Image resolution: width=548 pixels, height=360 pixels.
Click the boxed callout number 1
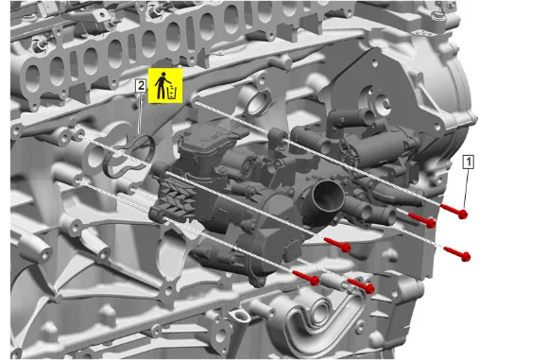(x=469, y=162)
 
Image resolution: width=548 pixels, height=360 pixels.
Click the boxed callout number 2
(x=141, y=86)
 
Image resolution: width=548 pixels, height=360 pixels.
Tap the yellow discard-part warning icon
(x=165, y=86)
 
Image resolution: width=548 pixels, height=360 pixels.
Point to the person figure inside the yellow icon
(x=162, y=85)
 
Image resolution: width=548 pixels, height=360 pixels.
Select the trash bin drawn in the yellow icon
(x=173, y=93)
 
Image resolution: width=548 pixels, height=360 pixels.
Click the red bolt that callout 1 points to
(x=454, y=211)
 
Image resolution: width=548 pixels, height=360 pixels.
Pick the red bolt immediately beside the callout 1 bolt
(x=422, y=219)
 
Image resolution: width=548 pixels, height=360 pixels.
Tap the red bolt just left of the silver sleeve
(x=306, y=277)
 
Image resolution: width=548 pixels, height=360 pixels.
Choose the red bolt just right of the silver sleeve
(x=361, y=285)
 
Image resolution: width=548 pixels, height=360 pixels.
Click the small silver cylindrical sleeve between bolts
(x=334, y=282)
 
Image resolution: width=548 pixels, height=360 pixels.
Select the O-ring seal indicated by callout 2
(x=128, y=157)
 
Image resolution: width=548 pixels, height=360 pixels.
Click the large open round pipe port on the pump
(x=328, y=197)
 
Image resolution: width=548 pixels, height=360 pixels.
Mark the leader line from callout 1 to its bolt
(x=467, y=189)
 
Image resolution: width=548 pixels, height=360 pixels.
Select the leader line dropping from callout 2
(x=140, y=113)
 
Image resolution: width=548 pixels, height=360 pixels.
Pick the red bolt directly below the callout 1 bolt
(x=457, y=254)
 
